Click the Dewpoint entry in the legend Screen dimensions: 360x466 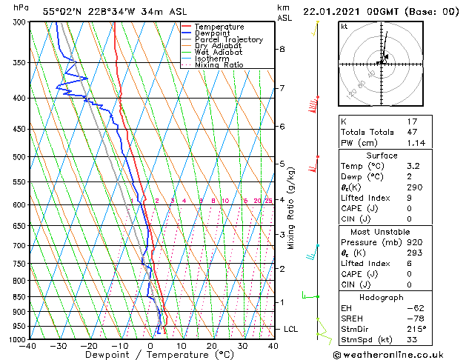point(218,33)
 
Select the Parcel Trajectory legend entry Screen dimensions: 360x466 point(229,39)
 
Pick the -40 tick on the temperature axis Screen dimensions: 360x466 point(28,346)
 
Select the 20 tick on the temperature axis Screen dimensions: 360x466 point(211,346)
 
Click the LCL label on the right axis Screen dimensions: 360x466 point(292,329)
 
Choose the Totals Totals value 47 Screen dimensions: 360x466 point(413,131)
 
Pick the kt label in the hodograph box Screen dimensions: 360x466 point(344,27)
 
